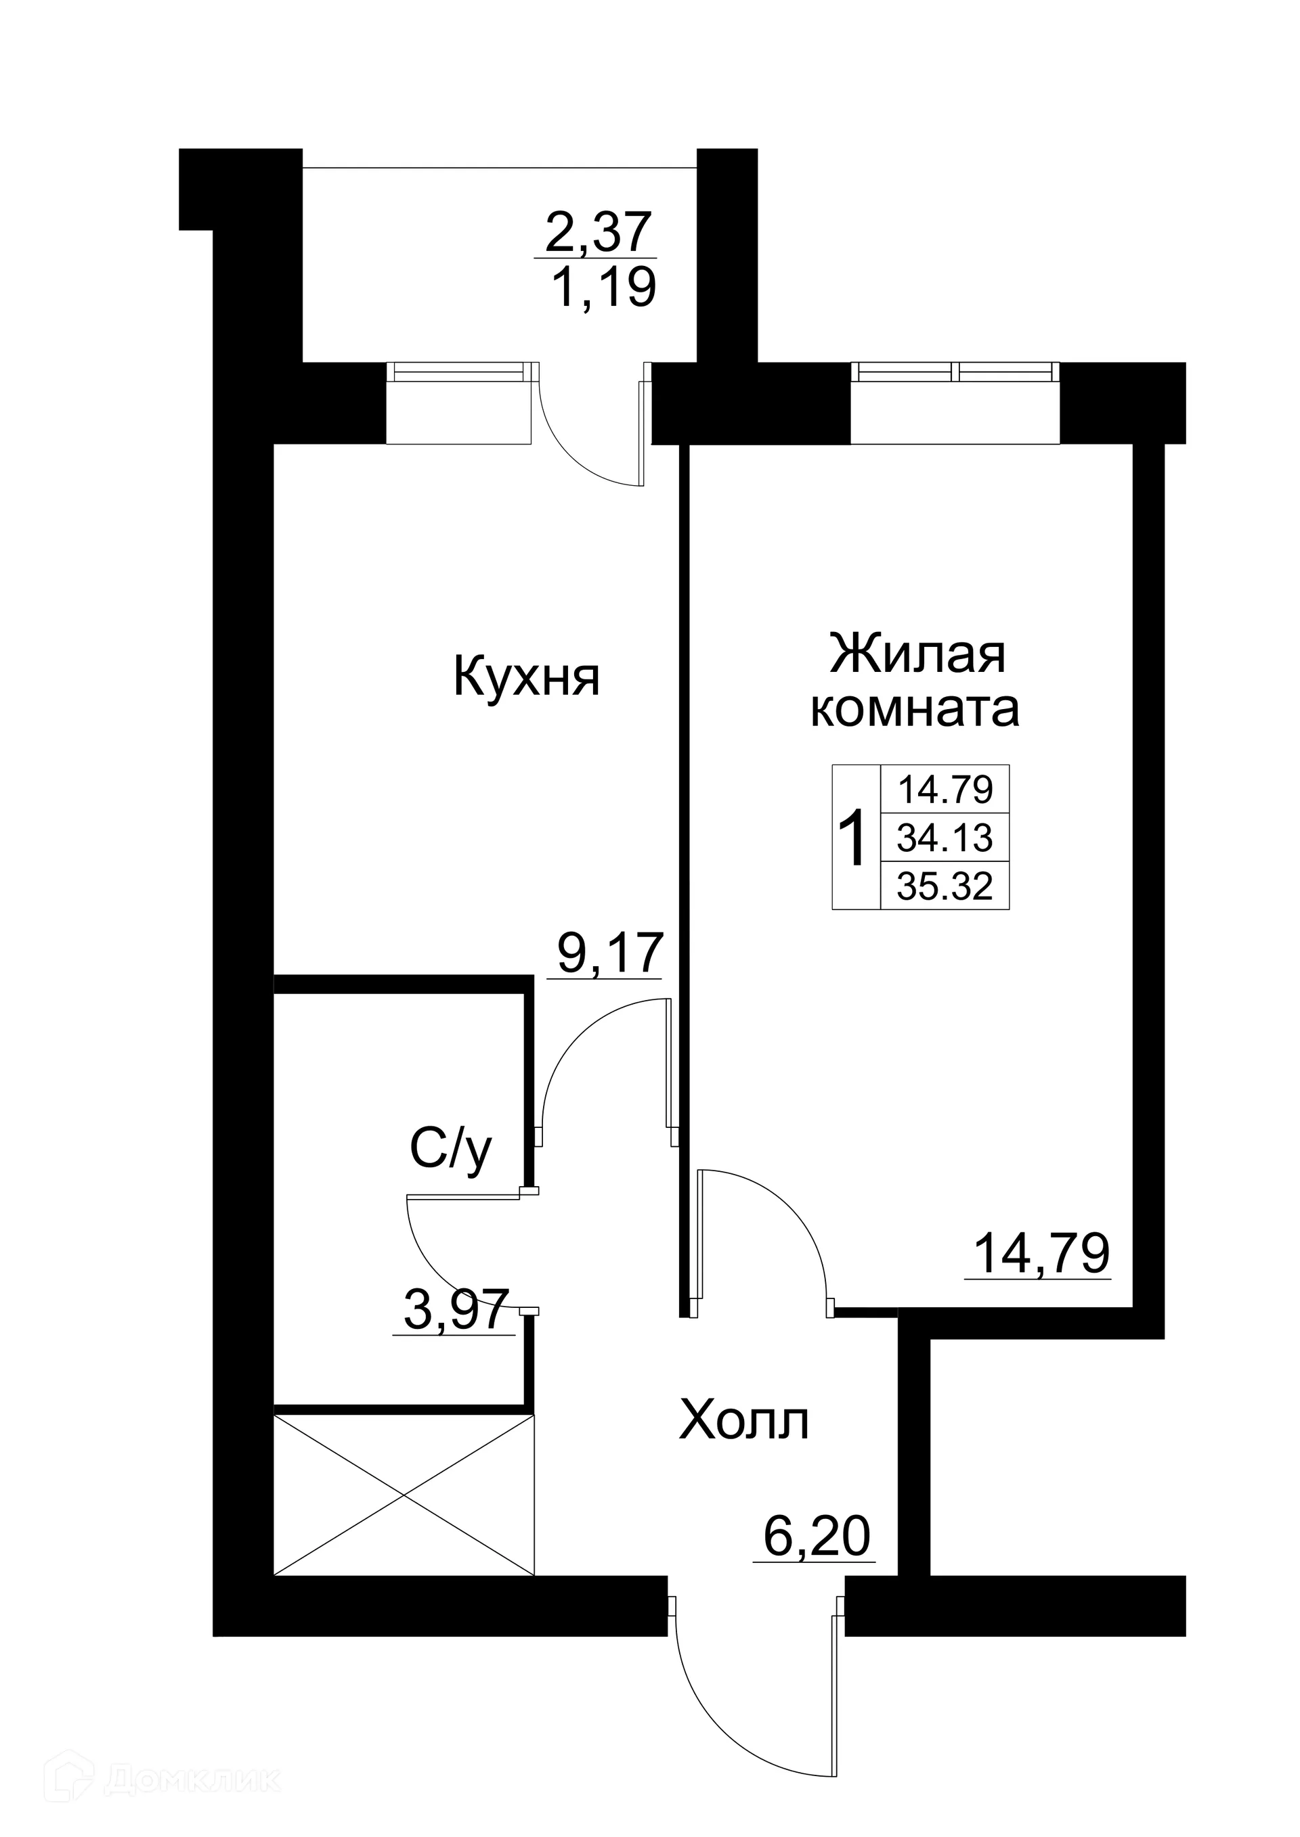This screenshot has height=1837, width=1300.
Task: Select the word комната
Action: tap(915, 709)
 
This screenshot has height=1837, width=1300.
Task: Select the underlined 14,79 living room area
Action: tap(1041, 1253)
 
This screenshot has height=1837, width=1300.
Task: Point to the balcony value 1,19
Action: tap(603, 288)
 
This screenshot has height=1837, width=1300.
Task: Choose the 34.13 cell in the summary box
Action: tap(945, 838)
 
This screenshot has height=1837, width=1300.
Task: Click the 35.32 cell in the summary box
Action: tap(945, 886)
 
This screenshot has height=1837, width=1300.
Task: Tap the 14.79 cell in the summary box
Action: tap(945, 790)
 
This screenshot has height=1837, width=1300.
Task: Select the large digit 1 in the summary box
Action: tap(855, 838)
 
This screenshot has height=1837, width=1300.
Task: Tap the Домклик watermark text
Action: tap(192, 1757)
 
